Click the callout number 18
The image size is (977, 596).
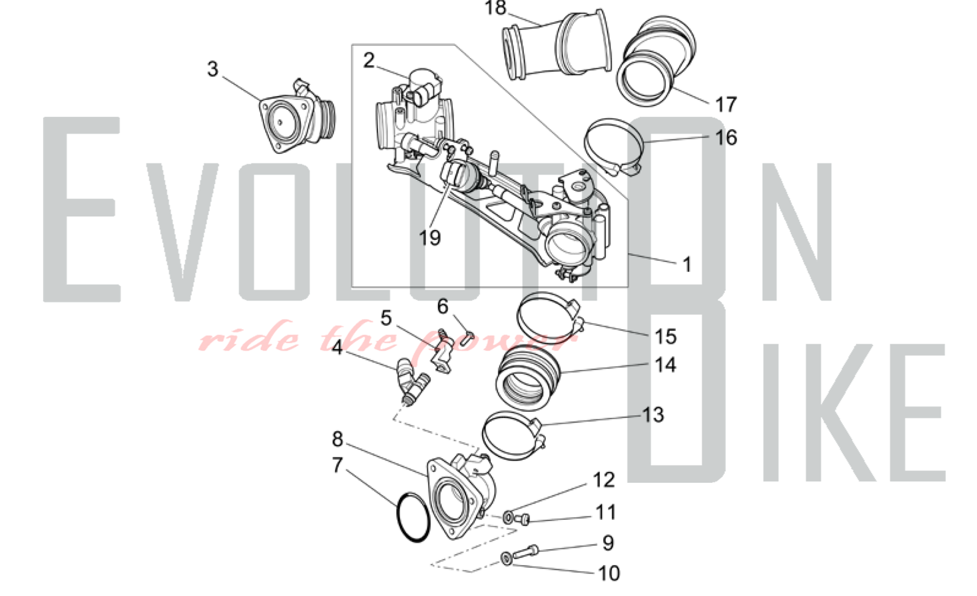(495, 8)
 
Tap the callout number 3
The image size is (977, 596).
(212, 69)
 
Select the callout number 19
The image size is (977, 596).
(430, 238)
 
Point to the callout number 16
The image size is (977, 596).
(726, 138)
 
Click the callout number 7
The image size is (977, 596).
(337, 465)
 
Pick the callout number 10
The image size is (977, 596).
(609, 573)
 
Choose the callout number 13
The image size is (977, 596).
(653, 415)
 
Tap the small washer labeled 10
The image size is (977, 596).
(506, 558)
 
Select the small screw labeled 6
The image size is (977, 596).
(468, 337)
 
